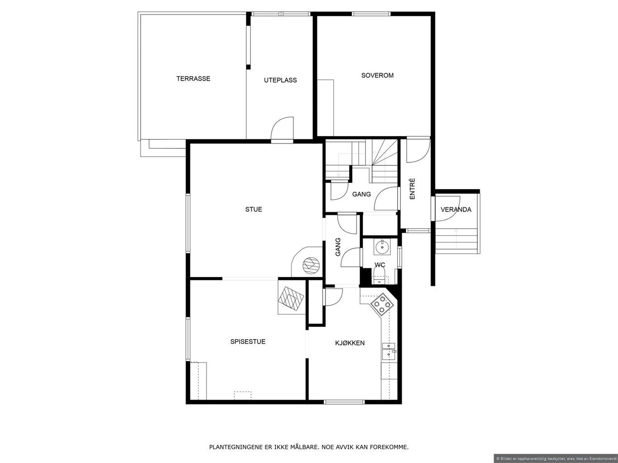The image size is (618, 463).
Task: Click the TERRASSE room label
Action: coord(193,78)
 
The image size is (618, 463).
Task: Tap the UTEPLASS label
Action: coord(280,80)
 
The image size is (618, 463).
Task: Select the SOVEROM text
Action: coord(377,76)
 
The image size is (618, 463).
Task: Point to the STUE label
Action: coord(254,209)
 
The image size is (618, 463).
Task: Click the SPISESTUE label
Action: coord(248,341)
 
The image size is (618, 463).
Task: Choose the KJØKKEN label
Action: coord(350,343)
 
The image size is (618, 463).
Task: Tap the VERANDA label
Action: coord(456,209)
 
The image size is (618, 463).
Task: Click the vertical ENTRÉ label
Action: coord(412,189)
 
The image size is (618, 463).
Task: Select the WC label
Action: coord(379,265)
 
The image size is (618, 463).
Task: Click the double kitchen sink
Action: coord(389,351)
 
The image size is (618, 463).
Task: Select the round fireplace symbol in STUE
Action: coord(311,265)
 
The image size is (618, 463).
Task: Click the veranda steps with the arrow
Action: coord(456,239)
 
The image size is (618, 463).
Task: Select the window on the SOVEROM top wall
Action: coord(371,14)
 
